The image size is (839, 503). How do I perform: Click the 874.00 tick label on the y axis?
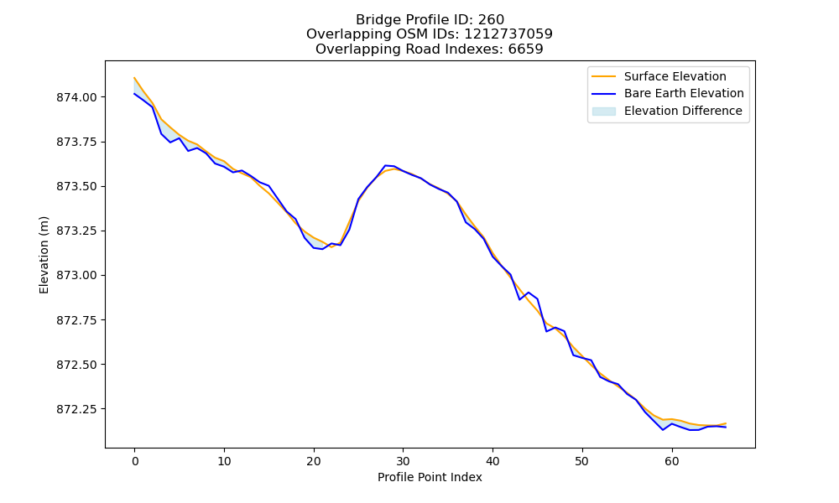pos(76,97)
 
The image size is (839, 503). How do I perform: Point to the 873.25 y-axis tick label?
pos(76,231)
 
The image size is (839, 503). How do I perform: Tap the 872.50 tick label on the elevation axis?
pos(76,365)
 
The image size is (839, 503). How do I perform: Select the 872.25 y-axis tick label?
pos(76,409)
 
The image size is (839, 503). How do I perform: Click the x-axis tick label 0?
pos(135,461)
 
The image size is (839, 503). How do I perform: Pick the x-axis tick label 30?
pos(403,461)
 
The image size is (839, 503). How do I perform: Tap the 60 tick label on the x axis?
pos(672,461)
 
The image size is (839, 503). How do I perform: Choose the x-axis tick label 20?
pos(314,461)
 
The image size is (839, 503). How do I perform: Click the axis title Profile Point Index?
pos(430,477)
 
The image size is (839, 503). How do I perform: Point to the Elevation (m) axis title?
pos(44,255)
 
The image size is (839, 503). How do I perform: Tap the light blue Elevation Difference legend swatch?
pos(603,111)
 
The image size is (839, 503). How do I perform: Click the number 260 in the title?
pos(491,20)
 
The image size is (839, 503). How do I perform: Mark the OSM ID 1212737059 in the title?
pos(508,34)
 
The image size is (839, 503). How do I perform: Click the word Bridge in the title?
pos(373,20)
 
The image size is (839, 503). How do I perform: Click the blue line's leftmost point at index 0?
pos(134,94)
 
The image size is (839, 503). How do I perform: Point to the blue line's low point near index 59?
pos(663,430)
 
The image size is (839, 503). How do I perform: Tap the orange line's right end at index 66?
pos(726,423)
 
